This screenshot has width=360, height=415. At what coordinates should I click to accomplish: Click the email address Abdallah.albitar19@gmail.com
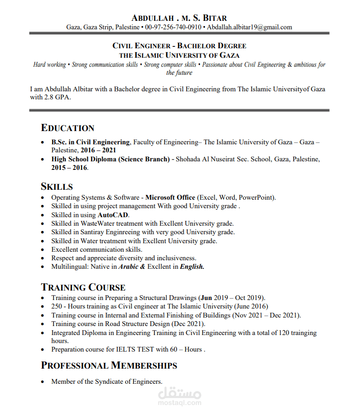tap(250, 27)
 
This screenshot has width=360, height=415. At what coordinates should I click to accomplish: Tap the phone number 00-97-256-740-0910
tap(173, 27)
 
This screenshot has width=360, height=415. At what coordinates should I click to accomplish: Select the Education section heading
tap(68, 128)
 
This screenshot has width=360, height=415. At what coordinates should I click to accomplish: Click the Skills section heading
tap(57, 186)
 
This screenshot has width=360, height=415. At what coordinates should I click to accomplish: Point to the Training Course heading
tap(83, 287)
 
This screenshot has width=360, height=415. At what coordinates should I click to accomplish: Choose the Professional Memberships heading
tap(109, 365)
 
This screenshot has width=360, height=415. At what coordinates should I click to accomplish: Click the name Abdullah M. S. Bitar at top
tap(179, 18)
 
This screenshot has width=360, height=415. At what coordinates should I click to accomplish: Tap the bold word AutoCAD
tap(113, 215)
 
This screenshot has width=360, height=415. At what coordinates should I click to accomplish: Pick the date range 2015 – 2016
tap(69, 168)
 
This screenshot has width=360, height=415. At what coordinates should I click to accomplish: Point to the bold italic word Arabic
tap(128, 266)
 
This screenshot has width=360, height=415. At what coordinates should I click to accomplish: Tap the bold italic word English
tap(192, 266)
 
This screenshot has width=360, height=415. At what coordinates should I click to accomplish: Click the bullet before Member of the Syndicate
tap(43, 382)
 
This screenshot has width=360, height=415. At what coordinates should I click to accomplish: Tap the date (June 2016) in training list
tap(251, 307)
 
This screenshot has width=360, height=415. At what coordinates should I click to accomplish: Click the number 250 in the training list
tap(57, 307)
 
